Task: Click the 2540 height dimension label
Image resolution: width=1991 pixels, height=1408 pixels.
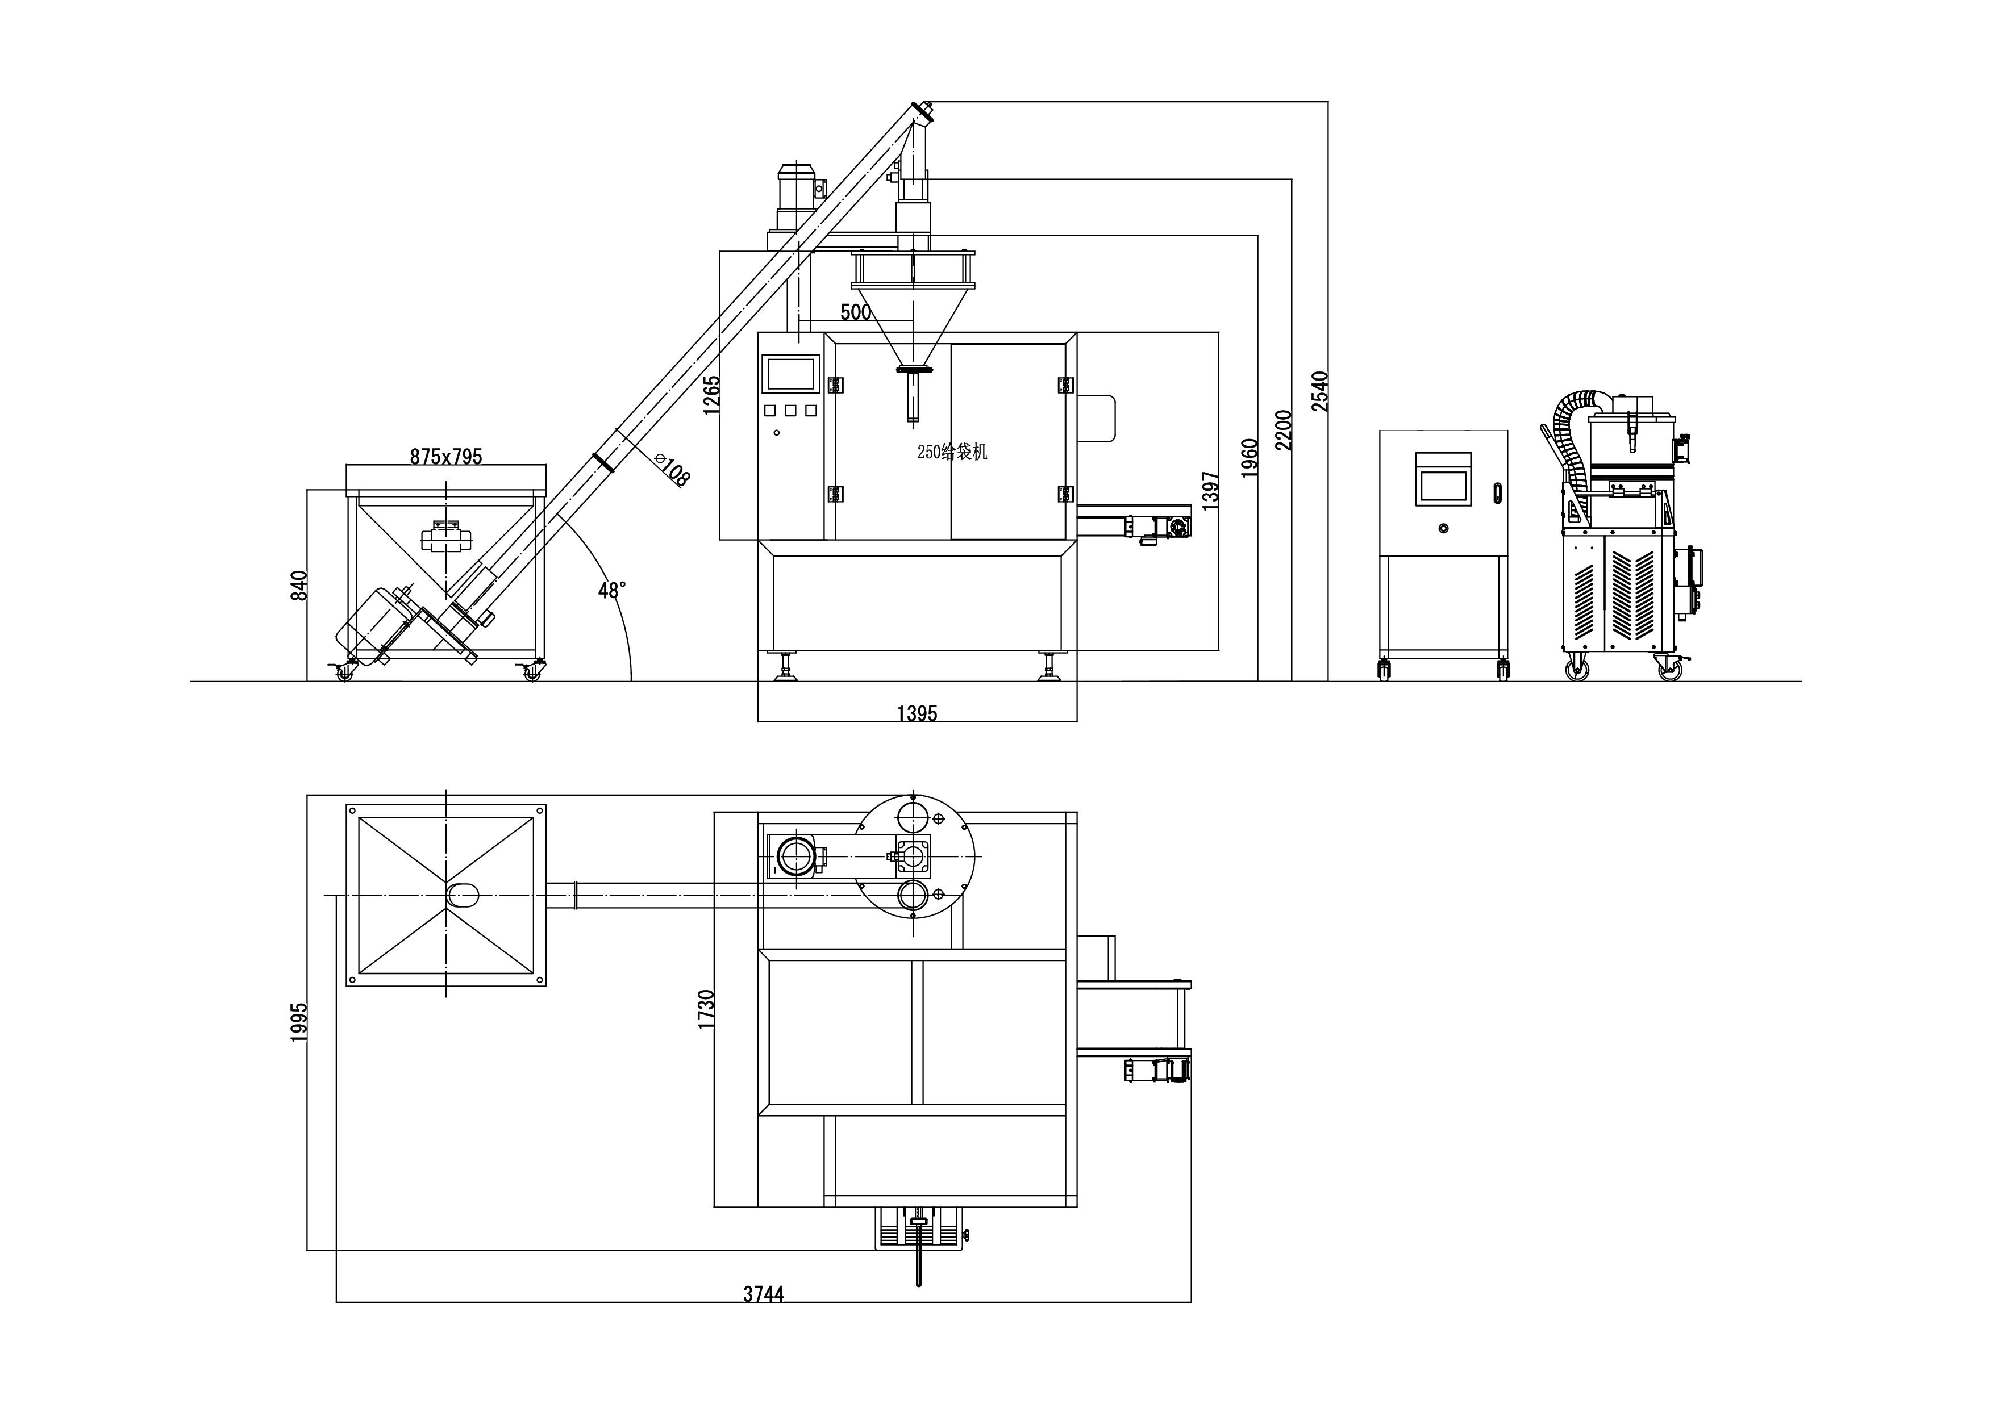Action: (1319, 390)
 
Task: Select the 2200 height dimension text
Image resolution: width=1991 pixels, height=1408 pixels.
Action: (1284, 429)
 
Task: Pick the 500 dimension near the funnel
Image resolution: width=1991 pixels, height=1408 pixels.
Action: (855, 312)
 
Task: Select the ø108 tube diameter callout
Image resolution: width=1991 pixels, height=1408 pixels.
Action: (673, 469)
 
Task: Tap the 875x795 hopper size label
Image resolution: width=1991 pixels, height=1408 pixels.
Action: (445, 457)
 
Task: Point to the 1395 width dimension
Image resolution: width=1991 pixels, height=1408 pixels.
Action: (917, 713)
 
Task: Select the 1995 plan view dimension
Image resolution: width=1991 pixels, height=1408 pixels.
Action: (299, 1022)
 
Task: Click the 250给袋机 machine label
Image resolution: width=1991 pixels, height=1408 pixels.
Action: (952, 452)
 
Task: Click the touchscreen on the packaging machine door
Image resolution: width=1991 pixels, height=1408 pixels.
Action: (790, 374)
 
